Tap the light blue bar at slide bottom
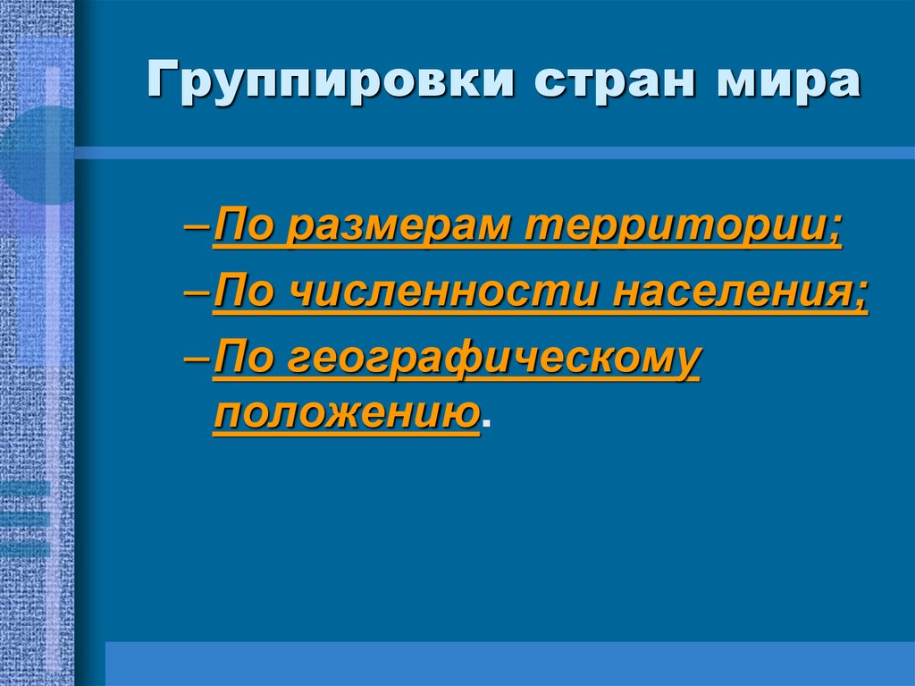[509, 663]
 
